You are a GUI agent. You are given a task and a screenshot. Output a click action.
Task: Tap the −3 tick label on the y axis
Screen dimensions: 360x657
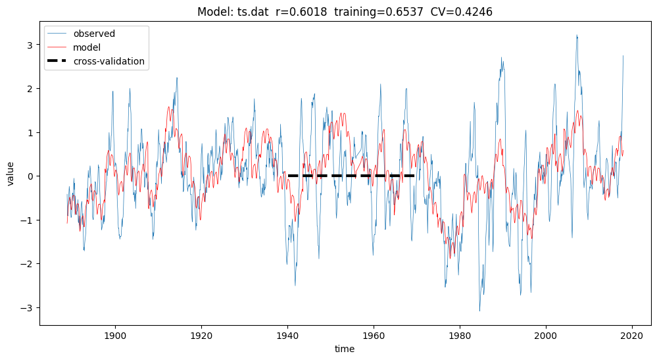(28, 308)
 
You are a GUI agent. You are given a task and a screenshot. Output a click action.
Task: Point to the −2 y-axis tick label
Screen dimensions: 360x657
(28, 264)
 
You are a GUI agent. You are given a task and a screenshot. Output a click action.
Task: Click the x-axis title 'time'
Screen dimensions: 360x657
(344, 349)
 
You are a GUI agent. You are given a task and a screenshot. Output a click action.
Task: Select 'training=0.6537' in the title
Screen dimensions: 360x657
(376, 12)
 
